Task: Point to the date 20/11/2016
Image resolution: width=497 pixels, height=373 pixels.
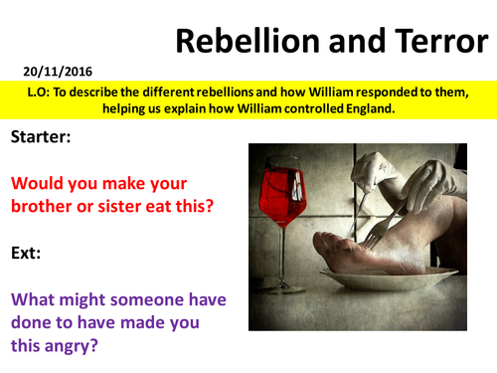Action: (x=46, y=73)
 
